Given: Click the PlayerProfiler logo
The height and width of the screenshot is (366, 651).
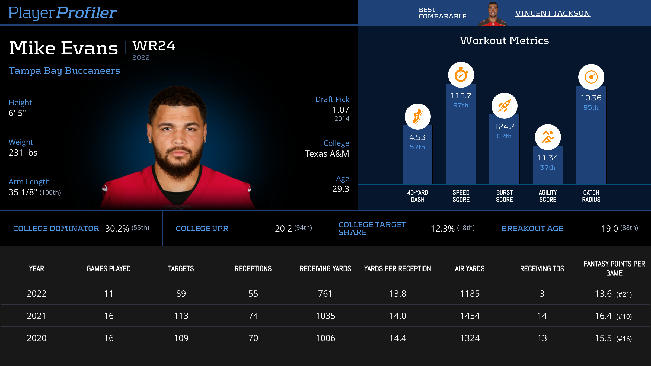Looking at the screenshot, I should point(62,13).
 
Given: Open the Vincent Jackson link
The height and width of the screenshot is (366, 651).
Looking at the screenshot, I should point(553,13).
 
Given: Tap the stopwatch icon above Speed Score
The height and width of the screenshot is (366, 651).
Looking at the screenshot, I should point(461,75).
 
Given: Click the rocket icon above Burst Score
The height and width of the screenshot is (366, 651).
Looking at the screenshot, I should point(504,106).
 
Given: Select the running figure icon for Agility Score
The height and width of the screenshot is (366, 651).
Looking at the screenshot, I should point(548,137).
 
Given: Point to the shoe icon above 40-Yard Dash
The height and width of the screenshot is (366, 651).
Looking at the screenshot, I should point(417,117).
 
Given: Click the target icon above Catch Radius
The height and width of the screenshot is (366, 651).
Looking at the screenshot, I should point(591,77).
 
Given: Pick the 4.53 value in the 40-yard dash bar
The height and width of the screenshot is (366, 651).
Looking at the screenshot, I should point(417,137).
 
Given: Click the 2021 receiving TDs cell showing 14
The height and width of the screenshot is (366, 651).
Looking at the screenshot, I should point(542,316).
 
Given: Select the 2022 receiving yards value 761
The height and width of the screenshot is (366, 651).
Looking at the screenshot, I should point(325,294).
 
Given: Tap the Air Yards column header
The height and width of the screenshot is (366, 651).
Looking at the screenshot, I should point(470,269).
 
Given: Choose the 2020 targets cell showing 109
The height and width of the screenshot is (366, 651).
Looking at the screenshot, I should point(181,338).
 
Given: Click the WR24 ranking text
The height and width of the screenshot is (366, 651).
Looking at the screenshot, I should point(154,46).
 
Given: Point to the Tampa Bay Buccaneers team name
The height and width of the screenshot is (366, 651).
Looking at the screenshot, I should point(64,71).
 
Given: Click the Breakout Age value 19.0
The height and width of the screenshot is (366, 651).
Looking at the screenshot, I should point(609,229).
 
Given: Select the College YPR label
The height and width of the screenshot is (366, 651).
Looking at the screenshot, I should point(202,229).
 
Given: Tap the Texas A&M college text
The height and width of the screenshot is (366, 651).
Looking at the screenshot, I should point(327,154).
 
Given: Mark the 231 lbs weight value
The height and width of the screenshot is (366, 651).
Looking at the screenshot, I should point(23,153).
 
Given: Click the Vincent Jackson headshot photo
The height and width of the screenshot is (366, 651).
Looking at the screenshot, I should point(493,14).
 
